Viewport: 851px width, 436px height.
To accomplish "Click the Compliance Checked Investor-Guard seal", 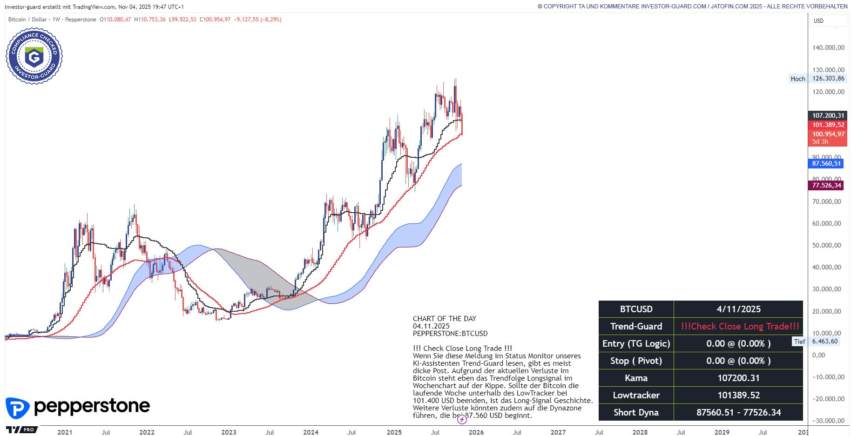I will point(34,56).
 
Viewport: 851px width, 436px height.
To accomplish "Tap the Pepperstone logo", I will point(78,407).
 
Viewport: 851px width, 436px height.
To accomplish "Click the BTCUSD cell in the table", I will point(636,309).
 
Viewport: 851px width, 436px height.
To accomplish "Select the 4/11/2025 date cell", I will point(738,309).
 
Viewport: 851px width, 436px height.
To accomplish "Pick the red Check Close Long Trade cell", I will point(740,326).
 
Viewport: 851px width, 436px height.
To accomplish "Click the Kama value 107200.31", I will point(738,378).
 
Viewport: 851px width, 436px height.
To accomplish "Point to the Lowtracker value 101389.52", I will point(738,395).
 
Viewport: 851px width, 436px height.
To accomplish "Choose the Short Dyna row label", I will point(636,412).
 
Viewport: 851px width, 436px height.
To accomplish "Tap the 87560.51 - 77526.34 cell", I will point(738,412).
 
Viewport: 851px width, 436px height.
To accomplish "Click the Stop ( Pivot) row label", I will point(636,361).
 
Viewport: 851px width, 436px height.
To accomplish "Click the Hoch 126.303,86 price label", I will point(818,79).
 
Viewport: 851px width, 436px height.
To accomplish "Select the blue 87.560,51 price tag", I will point(826,163).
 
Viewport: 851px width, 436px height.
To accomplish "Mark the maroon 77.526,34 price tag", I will point(826,185).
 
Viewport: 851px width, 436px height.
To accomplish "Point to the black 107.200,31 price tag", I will point(828,115).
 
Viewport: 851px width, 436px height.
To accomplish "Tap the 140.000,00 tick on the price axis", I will point(828,47).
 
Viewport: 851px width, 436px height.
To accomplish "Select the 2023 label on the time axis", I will point(229,432).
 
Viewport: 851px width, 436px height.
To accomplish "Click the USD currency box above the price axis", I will point(828,21).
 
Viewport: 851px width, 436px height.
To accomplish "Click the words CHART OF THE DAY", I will point(444,319).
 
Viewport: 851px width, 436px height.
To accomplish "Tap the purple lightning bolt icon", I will point(462,419).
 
